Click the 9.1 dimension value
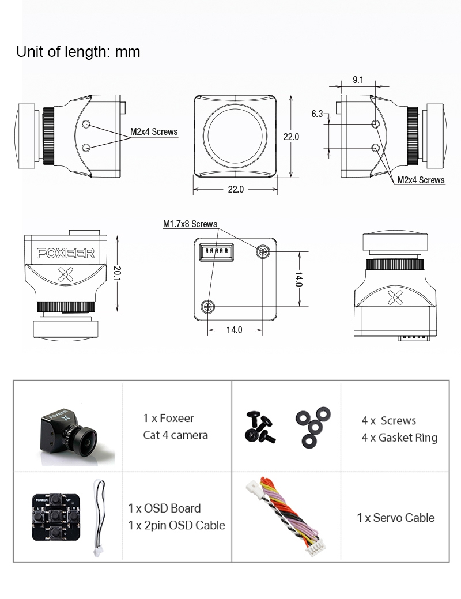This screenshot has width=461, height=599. coord(358,80)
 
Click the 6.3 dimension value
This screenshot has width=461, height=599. coord(317,114)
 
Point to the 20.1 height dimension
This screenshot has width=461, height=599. coord(117,273)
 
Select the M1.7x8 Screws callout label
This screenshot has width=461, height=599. coord(190,224)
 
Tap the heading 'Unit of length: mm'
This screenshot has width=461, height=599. coord(78,52)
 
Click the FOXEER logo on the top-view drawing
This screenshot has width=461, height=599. coord(65,253)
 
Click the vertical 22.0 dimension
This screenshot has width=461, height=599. coord(291,137)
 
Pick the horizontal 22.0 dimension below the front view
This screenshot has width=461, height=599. coord(236,189)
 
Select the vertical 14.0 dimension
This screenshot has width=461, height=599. coord(298,280)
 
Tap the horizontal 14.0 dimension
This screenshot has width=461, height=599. coord(234,330)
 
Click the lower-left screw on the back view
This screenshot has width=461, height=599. coord(207,307)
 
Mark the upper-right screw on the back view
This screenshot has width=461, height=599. coord(263,251)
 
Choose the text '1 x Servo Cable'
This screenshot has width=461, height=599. coord(395,518)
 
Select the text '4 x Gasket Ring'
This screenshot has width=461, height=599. coord(399,438)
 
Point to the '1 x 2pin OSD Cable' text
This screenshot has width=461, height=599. coord(176,525)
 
